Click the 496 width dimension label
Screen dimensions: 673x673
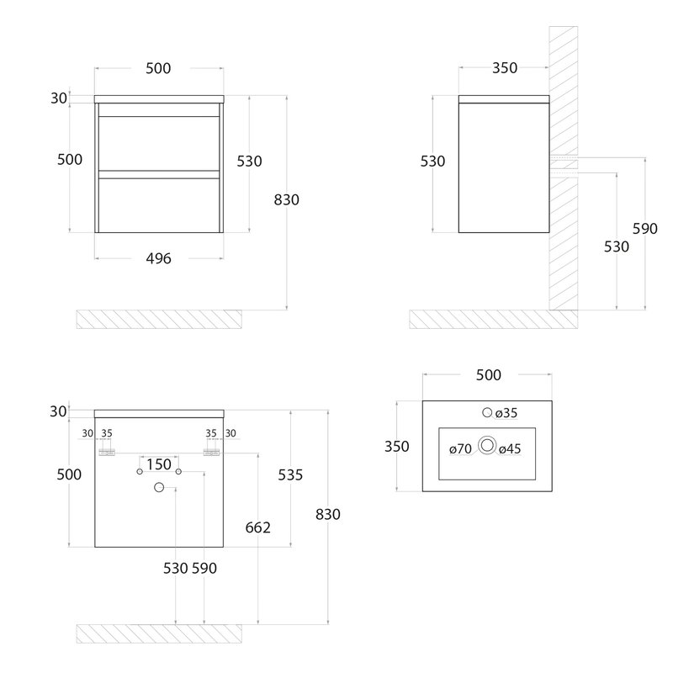click(158, 258)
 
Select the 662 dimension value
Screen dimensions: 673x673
click(258, 527)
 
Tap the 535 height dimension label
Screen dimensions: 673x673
click(290, 474)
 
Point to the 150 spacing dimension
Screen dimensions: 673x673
click(159, 464)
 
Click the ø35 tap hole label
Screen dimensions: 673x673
click(506, 413)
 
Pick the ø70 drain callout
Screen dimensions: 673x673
click(460, 449)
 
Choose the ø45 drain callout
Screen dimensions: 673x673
click(510, 449)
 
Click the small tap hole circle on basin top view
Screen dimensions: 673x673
click(487, 412)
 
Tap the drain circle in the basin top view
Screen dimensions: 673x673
click(487, 445)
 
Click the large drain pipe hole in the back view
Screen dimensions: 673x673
click(159, 487)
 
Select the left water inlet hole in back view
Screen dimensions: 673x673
click(140, 472)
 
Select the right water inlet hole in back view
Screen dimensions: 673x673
click(178, 472)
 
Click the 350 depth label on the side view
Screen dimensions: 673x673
click(505, 68)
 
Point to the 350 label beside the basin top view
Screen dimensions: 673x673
click(396, 447)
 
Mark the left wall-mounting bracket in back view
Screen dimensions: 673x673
click(107, 453)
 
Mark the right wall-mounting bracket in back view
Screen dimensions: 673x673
click(211, 453)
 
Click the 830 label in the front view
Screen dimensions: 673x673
click(286, 199)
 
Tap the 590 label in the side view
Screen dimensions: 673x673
click(644, 229)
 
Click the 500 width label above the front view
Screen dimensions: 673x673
click(158, 68)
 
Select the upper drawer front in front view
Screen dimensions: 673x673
click(159, 143)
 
